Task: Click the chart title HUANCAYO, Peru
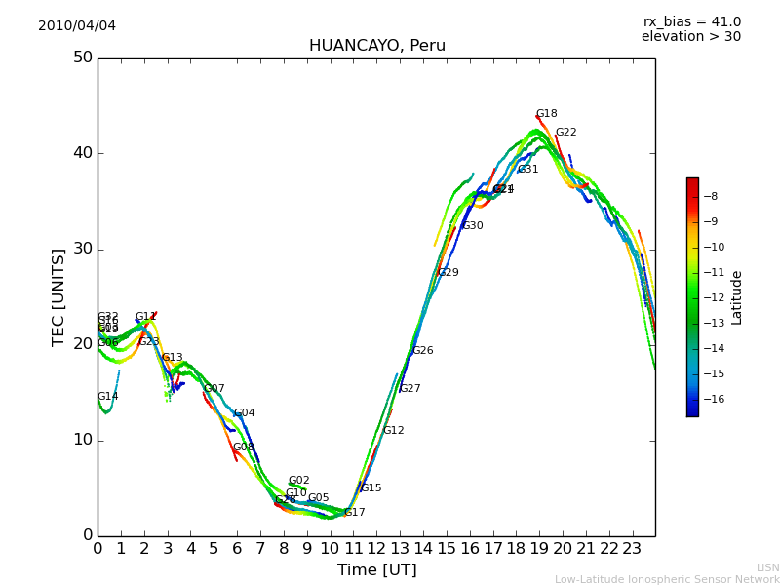tap(376, 46)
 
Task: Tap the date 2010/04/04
tap(77, 25)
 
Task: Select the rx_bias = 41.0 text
tap(691, 21)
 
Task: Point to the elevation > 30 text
tap(690, 37)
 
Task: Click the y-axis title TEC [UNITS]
tap(58, 296)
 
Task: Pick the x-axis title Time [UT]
tap(376, 569)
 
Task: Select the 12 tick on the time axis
tap(376, 548)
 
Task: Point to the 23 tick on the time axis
tap(632, 548)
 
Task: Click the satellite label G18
tap(546, 114)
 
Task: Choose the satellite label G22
tap(565, 133)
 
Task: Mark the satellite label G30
tap(472, 226)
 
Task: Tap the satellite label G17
tap(354, 513)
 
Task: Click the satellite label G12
tap(393, 431)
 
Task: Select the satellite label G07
tap(214, 389)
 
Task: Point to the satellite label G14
tap(107, 397)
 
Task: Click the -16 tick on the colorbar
tap(709, 399)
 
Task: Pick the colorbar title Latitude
tap(737, 297)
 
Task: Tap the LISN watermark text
tap(767, 567)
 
